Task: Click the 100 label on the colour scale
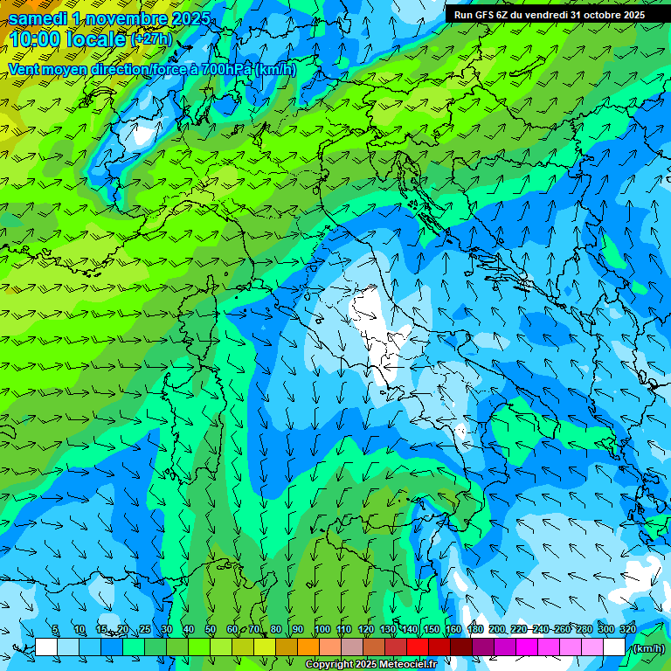(322, 630)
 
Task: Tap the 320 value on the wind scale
(628, 630)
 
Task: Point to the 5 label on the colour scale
(55, 630)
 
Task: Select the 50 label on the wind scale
(211, 630)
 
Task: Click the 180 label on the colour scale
(474, 630)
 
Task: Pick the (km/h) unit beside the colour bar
(649, 648)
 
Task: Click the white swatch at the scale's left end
(46, 647)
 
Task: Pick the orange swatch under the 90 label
(308, 647)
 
